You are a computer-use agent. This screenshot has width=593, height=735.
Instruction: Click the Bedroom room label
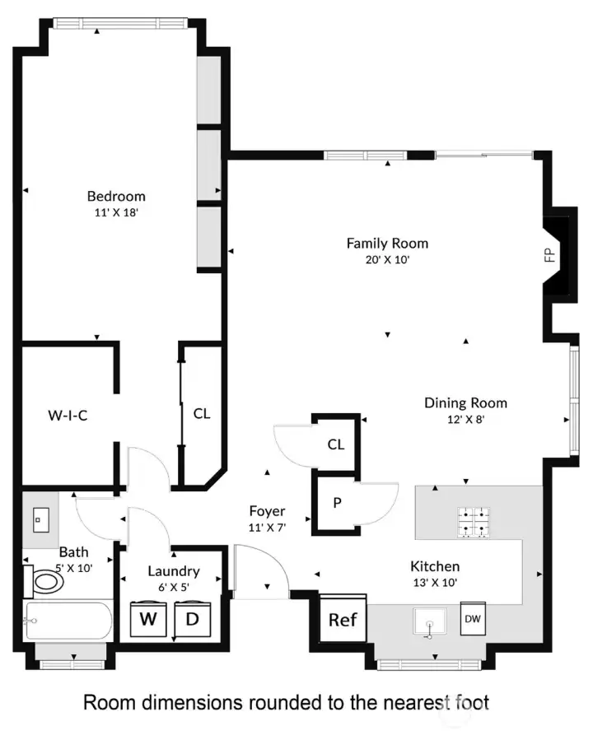click(x=116, y=196)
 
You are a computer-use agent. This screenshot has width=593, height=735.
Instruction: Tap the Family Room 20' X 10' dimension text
click(x=387, y=259)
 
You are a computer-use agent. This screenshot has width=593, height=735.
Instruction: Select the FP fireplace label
click(x=550, y=255)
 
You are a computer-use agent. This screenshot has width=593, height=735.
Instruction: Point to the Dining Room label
click(x=465, y=402)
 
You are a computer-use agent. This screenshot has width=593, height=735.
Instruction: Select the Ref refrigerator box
click(x=343, y=619)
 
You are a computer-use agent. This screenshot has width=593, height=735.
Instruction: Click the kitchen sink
click(x=428, y=622)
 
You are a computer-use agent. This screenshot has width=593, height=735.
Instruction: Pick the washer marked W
click(x=149, y=618)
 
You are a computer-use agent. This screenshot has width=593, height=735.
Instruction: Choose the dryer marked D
click(x=192, y=618)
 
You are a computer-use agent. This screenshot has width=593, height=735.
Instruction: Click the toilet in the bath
click(x=45, y=582)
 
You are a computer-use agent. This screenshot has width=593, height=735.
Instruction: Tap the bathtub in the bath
click(x=68, y=622)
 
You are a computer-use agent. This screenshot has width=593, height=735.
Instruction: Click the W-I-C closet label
click(x=67, y=416)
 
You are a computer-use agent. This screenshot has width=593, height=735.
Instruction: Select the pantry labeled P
click(x=337, y=501)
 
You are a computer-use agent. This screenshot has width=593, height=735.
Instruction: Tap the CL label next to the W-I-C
click(x=202, y=414)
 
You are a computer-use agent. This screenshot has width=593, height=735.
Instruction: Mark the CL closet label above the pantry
click(x=335, y=444)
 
